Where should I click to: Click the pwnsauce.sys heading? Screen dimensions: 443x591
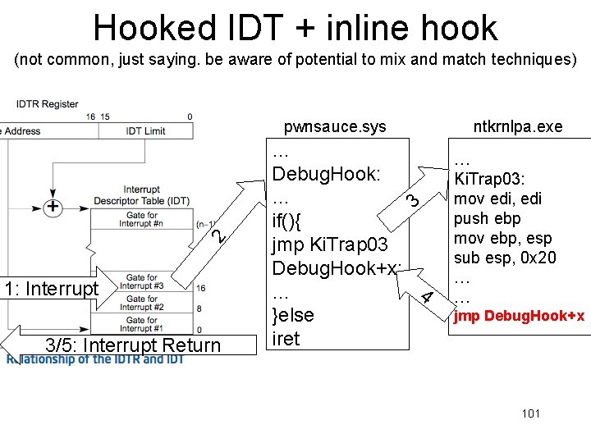click(334, 126)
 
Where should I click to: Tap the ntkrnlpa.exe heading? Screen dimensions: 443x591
click(517, 126)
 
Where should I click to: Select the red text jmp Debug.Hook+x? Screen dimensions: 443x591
click(519, 315)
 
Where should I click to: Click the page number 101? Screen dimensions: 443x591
click(530, 413)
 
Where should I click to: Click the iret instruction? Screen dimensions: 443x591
click(286, 339)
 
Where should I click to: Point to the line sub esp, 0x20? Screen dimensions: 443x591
click(505, 258)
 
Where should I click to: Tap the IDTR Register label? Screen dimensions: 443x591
click(47, 104)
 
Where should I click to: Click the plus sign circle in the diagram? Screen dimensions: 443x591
click(52, 207)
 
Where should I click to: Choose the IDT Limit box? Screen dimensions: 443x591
click(145, 130)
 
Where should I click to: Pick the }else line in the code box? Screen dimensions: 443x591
click(293, 315)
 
